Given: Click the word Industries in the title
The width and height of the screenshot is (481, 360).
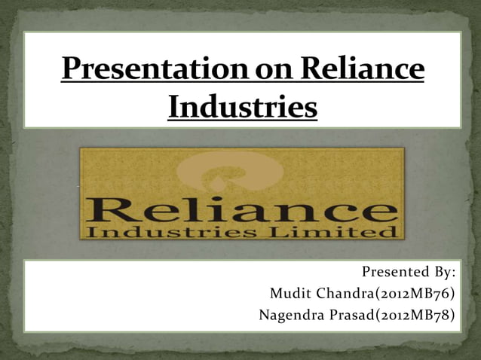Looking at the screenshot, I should (241, 106).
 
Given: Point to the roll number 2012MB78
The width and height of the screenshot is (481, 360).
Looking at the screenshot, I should (422, 315).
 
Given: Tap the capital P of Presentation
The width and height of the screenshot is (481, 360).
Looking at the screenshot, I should (70, 71).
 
